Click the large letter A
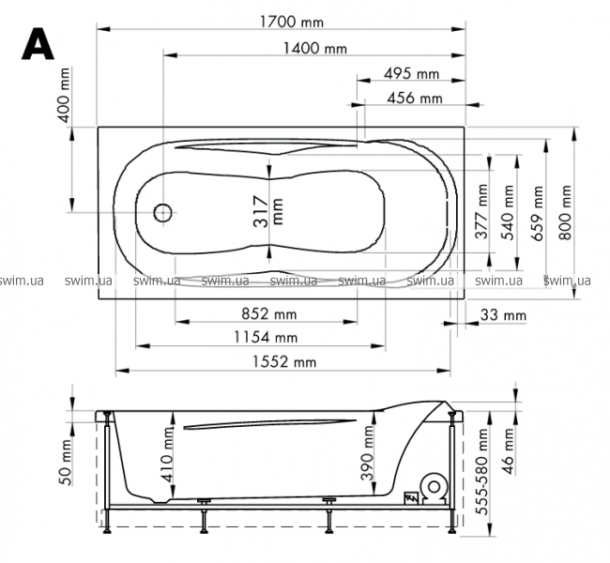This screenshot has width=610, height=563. [x=38, y=43]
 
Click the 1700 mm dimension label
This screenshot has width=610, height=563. [x=291, y=22]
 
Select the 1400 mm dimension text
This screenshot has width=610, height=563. [x=314, y=48]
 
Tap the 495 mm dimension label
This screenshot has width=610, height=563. [x=411, y=73]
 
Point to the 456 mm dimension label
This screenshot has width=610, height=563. [x=414, y=98]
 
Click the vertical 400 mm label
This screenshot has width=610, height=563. [x=64, y=95]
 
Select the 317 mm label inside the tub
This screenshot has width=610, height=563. [x=268, y=211]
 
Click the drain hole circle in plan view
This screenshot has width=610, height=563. [x=162, y=212]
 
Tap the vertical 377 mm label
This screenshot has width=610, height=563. [x=481, y=211]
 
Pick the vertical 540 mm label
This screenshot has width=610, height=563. [x=508, y=213]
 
